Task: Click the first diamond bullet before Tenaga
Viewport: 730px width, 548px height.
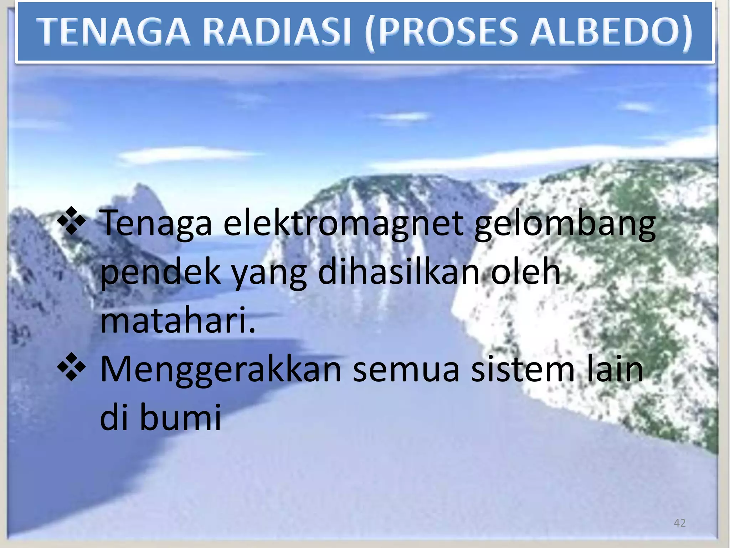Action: [x=71, y=221]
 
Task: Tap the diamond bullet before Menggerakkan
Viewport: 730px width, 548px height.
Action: [x=71, y=367]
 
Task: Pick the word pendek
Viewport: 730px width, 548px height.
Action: [x=160, y=273]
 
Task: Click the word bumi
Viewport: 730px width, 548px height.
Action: [x=180, y=417]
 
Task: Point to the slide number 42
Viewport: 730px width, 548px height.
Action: [x=679, y=523]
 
